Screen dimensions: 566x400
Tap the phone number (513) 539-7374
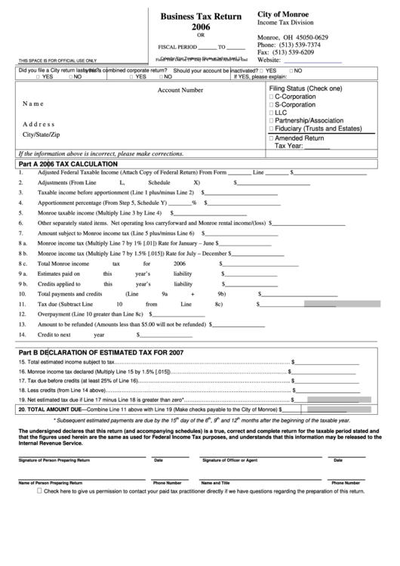[300, 45]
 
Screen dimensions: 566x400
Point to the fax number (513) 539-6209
[298, 52]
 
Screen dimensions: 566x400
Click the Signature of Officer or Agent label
[229, 459]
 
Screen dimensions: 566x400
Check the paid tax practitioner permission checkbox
[39, 490]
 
